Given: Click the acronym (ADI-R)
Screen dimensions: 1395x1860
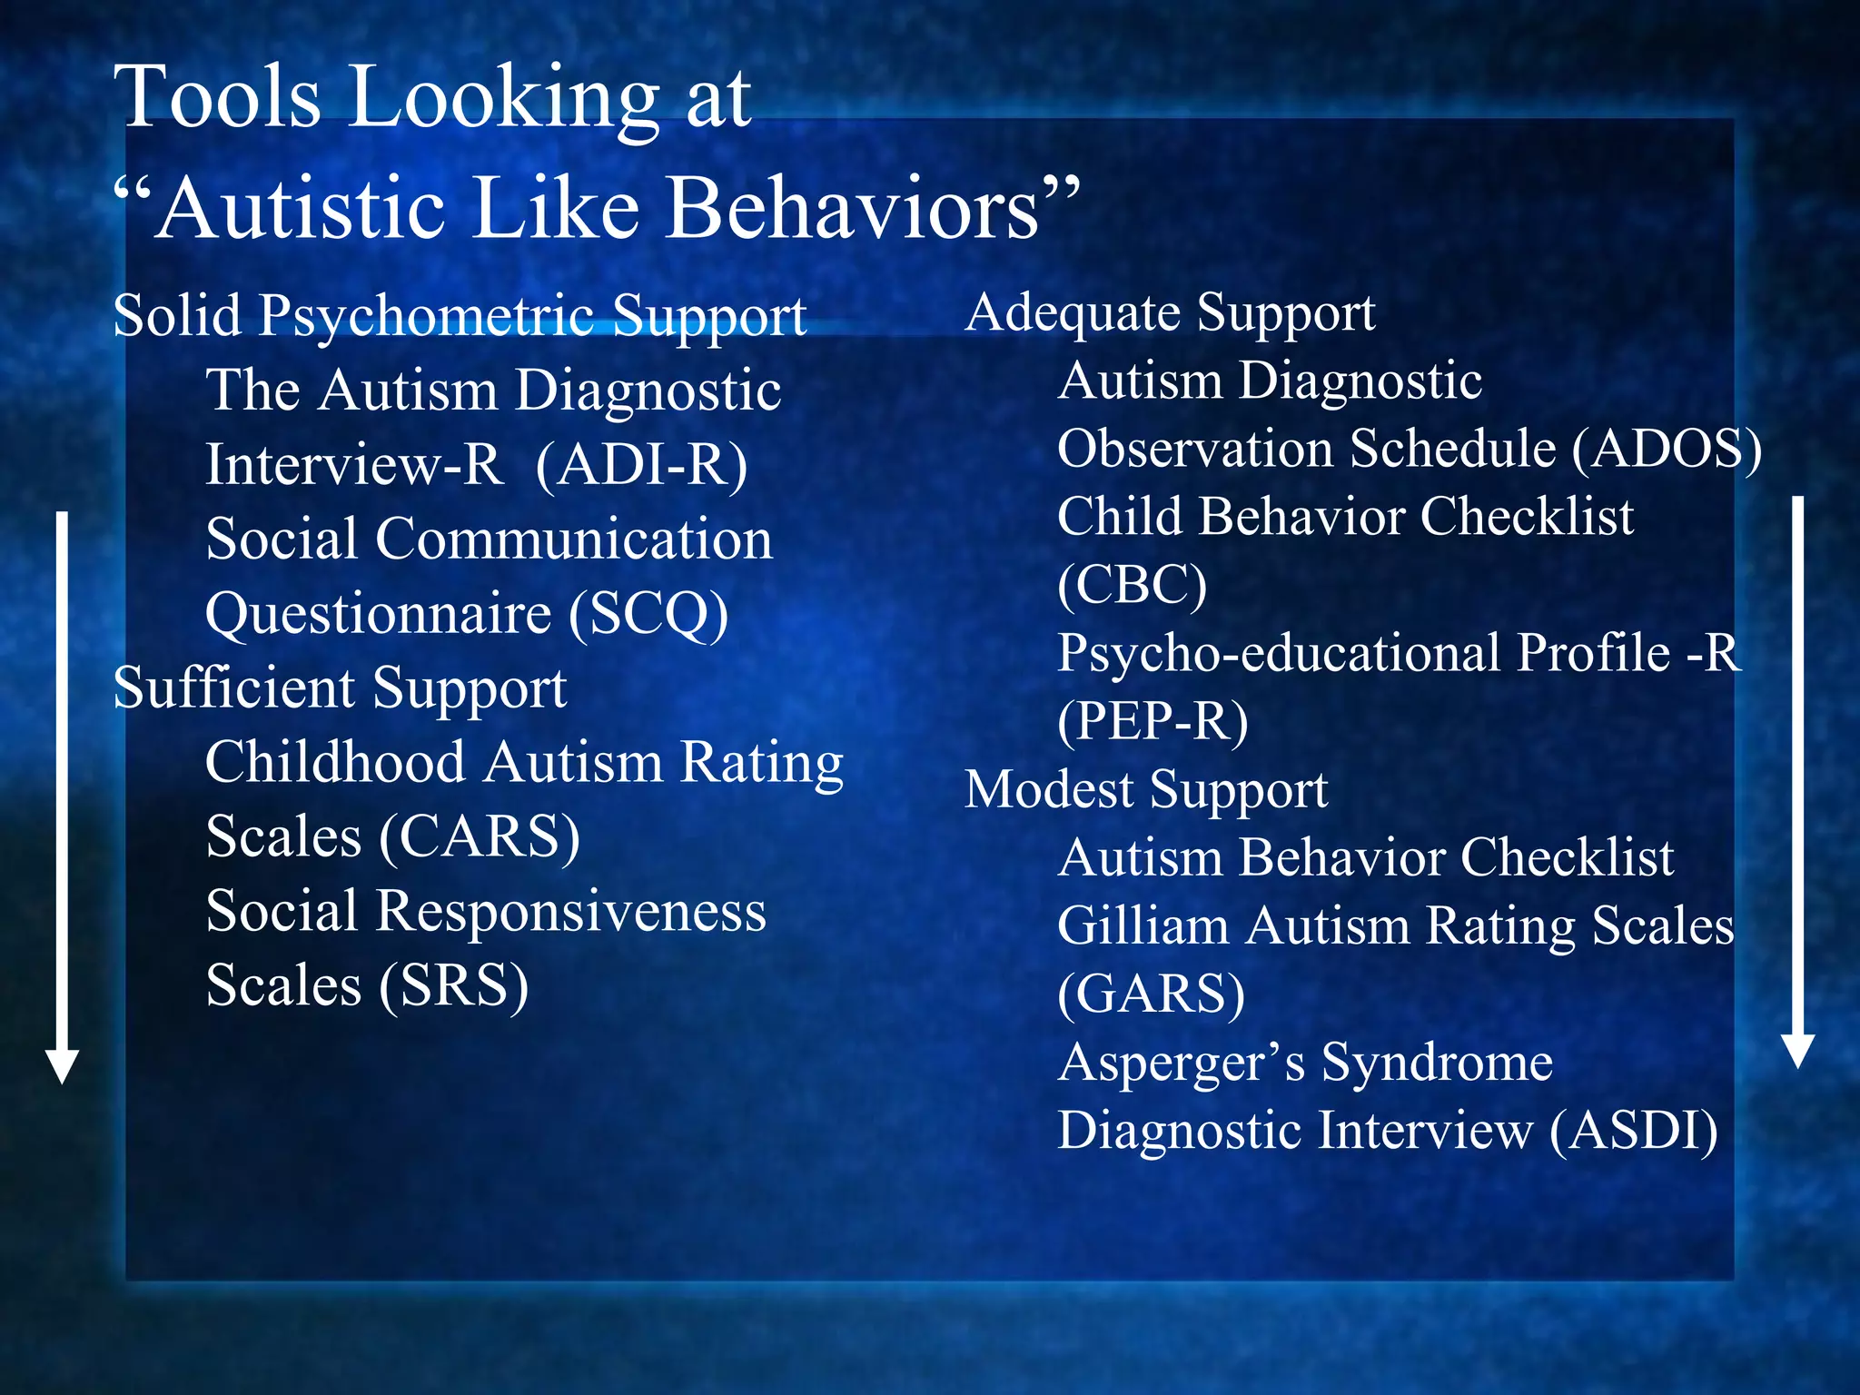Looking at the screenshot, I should [642, 465].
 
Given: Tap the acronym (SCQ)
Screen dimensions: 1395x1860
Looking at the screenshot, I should [648, 614].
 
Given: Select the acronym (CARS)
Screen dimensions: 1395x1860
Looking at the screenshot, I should [479, 836].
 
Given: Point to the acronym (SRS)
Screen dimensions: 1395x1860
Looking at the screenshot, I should [453, 985].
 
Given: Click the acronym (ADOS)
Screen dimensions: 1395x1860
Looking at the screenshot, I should [1667, 449].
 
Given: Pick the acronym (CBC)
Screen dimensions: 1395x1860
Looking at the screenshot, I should [1132, 585].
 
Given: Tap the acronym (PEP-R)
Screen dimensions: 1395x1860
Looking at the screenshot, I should [1153, 721].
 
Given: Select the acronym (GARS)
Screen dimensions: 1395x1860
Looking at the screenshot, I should [1151, 994].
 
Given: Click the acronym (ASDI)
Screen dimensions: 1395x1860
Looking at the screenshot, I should [1633, 1131].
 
